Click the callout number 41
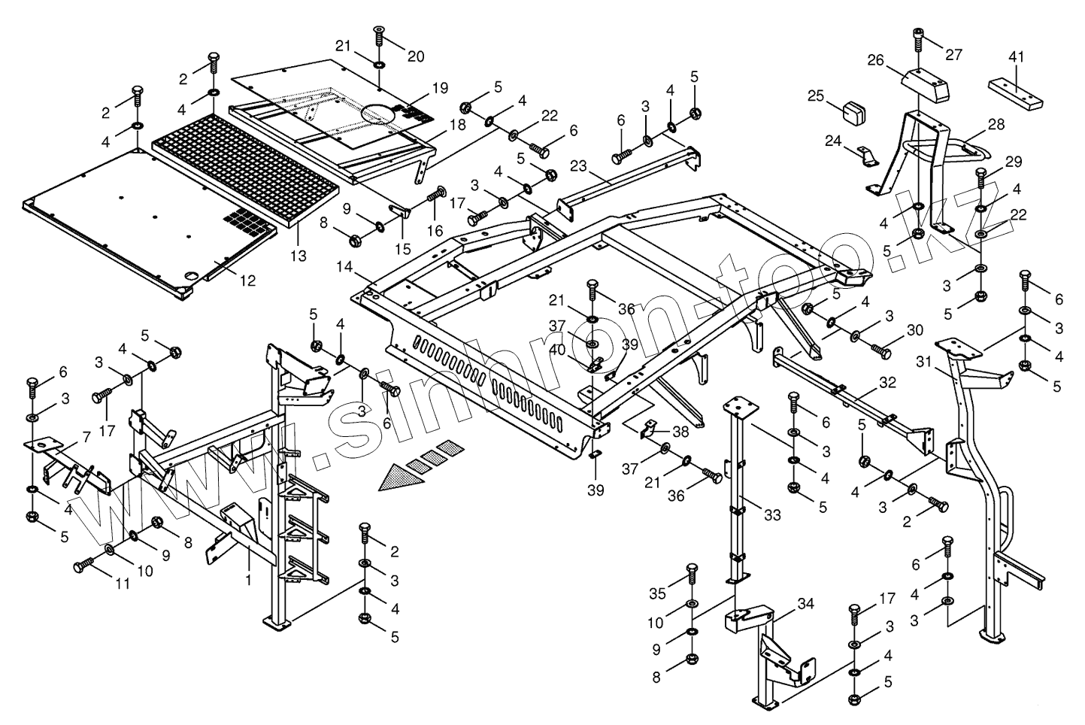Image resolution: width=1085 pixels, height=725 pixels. [1017, 57]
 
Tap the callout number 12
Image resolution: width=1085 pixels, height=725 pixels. [247, 280]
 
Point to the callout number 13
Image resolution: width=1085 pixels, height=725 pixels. [299, 256]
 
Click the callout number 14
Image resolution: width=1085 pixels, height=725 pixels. [344, 266]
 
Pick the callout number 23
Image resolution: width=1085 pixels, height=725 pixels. [578, 166]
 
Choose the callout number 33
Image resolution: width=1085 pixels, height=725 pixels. [772, 514]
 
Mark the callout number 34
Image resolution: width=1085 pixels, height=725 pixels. [805, 604]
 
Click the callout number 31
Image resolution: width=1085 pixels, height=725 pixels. [923, 362]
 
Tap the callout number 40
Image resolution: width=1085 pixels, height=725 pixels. [557, 350]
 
